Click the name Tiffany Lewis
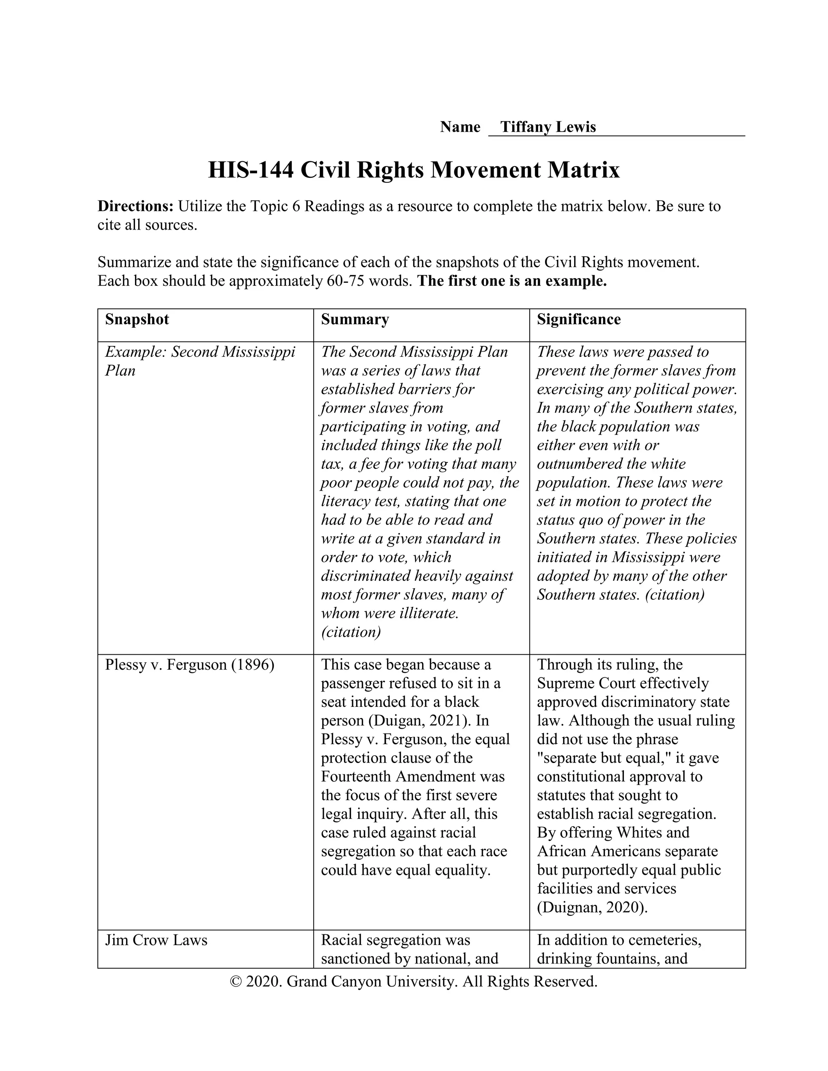pyautogui.click(x=547, y=127)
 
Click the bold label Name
pyautogui.click(x=460, y=127)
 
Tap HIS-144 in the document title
pyautogui.click(x=251, y=170)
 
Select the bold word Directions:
pyautogui.click(x=135, y=206)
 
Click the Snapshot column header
pyautogui.click(x=137, y=319)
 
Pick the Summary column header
pyautogui.click(x=355, y=319)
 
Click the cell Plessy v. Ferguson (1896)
pyautogui.click(x=189, y=665)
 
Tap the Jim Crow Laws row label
pyautogui.click(x=156, y=940)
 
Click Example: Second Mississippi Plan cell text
pyautogui.click(x=200, y=361)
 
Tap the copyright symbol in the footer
pyautogui.click(x=236, y=981)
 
